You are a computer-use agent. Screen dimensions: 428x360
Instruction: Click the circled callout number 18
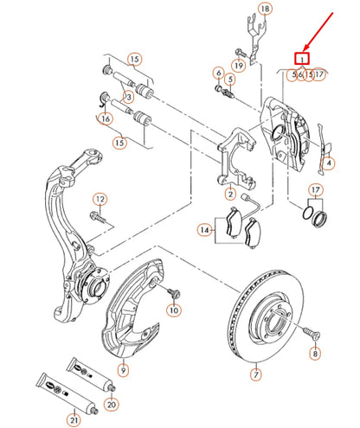pos(265,9)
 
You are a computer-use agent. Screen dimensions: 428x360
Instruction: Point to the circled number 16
pos(106,119)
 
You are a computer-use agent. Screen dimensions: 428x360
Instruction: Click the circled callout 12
pos(99,200)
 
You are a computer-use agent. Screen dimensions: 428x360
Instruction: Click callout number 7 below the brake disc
pos(255,375)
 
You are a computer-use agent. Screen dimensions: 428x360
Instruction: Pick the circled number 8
pos(315,354)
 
